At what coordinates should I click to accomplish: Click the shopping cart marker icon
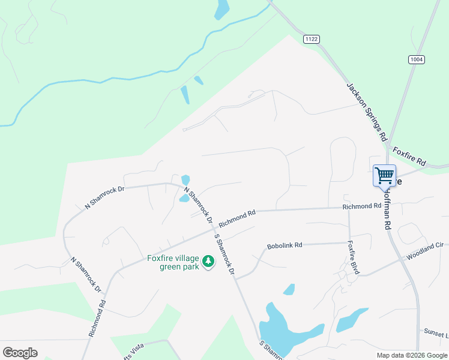click(384, 176)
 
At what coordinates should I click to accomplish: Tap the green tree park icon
click(208, 261)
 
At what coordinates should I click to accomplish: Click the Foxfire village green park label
click(173, 263)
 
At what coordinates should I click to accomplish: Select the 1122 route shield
click(312, 39)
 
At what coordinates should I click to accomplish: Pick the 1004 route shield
click(417, 59)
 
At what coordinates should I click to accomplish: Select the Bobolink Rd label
click(285, 245)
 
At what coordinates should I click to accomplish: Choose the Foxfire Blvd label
click(353, 257)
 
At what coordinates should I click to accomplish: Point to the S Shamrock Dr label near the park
click(223, 253)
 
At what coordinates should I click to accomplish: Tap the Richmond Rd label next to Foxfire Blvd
click(362, 206)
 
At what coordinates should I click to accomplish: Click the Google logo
click(20, 353)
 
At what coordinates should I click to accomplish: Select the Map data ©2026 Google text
click(411, 355)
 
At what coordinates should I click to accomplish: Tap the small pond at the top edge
click(222, 8)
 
